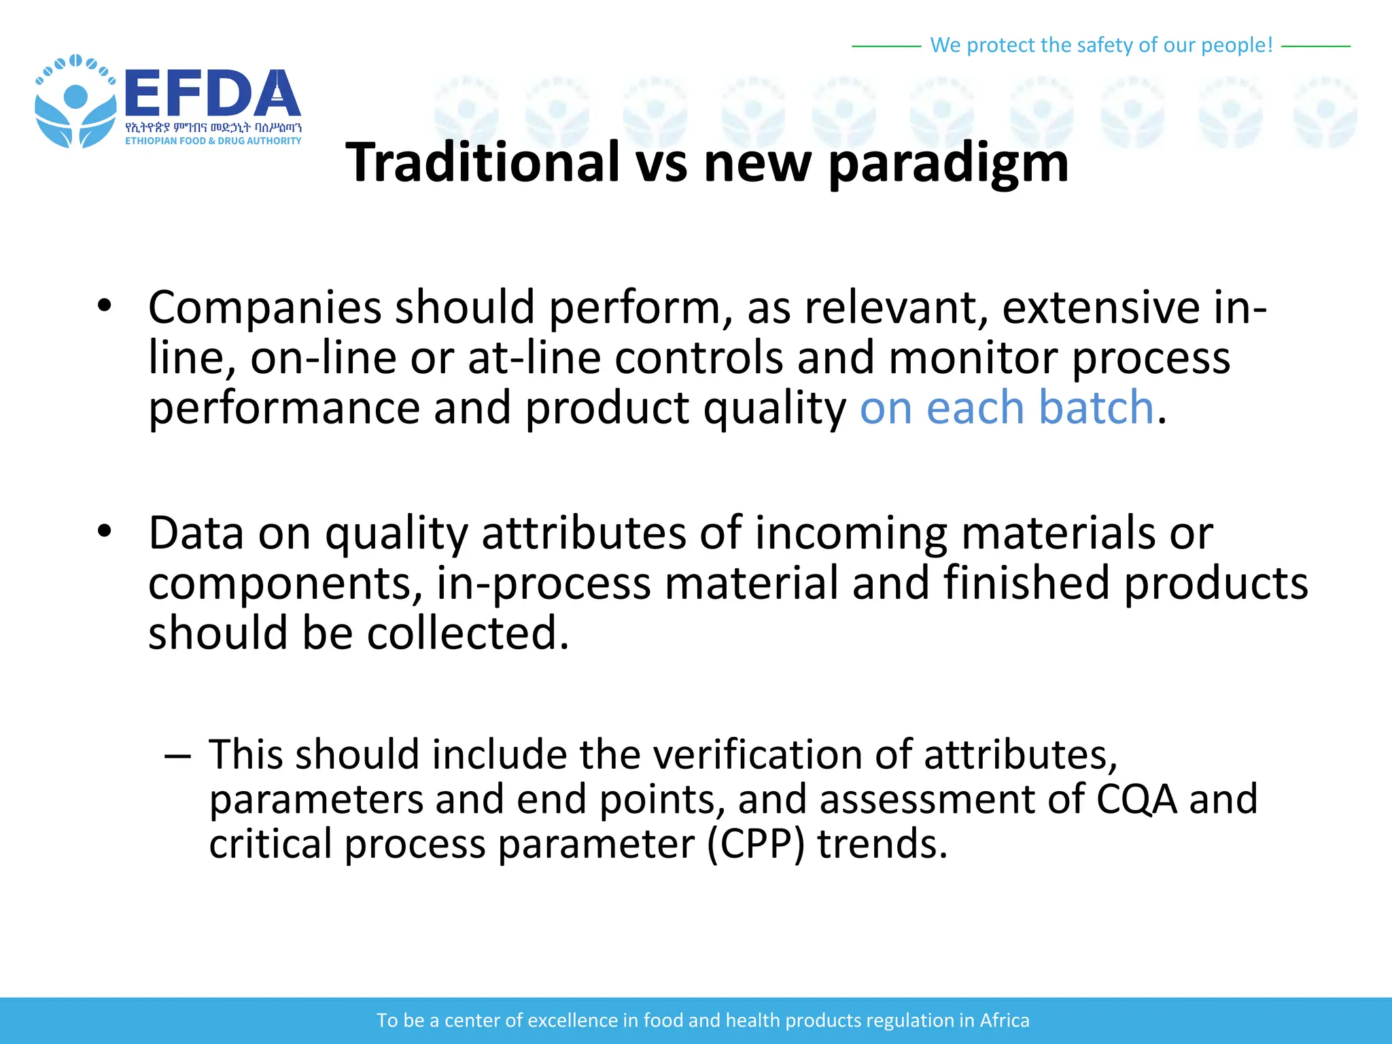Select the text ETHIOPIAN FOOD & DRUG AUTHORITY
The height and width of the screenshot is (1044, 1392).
coord(213,141)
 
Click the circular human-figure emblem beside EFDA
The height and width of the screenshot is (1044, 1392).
coord(75,102)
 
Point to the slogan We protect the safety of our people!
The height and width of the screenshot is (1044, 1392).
coord(1100,45)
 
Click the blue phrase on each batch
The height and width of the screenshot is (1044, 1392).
coord(1007,408)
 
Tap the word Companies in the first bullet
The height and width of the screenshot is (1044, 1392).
coord(265,308)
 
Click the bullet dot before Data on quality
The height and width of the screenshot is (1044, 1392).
coord(104,531)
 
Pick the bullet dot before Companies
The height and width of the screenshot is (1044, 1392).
coord(104,305)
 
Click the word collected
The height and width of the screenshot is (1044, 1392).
coord(468,633)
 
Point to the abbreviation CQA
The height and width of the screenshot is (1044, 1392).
coord(1136,800)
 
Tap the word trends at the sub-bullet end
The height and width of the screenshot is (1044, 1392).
coord(882,845)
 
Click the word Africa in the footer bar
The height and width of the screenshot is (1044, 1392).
coord(1004,1020)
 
